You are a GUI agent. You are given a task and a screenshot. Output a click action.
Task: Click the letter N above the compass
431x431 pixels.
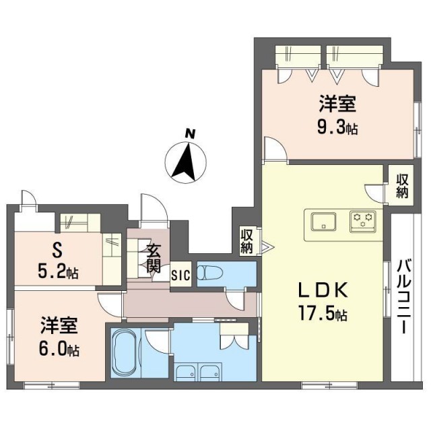[190, 134]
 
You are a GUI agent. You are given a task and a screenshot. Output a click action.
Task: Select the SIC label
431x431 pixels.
[180, 275]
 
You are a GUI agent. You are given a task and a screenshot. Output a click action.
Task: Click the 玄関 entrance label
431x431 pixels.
[153, 259]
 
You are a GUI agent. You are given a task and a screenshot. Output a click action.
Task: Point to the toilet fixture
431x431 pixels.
[208, 273]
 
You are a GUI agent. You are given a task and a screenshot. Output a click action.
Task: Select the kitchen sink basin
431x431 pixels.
[323, 222]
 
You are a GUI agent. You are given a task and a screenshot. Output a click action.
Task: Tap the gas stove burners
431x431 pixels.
[363, 221]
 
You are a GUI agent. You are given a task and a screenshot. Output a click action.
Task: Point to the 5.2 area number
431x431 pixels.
[53, 273]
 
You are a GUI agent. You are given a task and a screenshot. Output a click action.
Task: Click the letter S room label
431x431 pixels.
[56, 251]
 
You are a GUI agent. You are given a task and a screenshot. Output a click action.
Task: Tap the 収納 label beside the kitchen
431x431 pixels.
[402, 187]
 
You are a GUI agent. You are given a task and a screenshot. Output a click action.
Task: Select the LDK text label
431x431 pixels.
[323, 290]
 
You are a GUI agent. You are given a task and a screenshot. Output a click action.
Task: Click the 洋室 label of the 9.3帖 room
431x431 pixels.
[337, 104]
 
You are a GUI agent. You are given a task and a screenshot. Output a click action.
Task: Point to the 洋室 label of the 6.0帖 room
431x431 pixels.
[59, 325]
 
